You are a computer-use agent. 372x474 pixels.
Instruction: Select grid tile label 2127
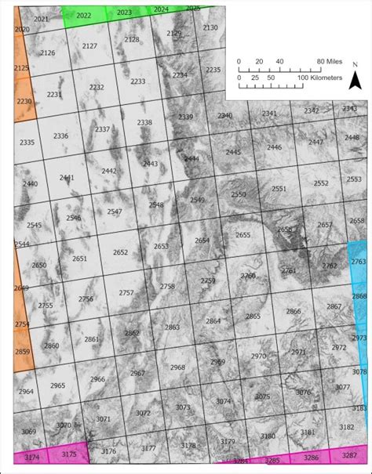click(x=89, y=46)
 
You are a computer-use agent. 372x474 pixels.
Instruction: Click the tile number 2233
click(x=138, y=81)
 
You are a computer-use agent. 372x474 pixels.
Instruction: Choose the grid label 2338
click(x=144, y=122)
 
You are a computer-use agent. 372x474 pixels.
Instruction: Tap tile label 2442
click(x=108, y=171)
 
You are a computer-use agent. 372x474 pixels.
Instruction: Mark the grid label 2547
click(x=115, y=212)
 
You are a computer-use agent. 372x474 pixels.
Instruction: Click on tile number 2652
click(x=120, y=252)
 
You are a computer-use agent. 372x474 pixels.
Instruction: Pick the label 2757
click(x=126, y=292)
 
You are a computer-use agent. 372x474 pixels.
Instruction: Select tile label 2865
click(x=253, y=317)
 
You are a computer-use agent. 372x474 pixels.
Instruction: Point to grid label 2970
click(x=258, y=356)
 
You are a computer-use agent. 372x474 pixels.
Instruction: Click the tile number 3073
click(x=183, y=407)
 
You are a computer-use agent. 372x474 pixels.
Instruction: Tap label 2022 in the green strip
click(x=83, y=16)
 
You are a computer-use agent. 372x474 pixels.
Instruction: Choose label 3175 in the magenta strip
click(x=69, y=454)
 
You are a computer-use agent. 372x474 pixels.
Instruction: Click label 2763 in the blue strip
click(x=359, y=262)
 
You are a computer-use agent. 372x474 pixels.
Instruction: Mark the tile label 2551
click(x=279, y=189)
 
